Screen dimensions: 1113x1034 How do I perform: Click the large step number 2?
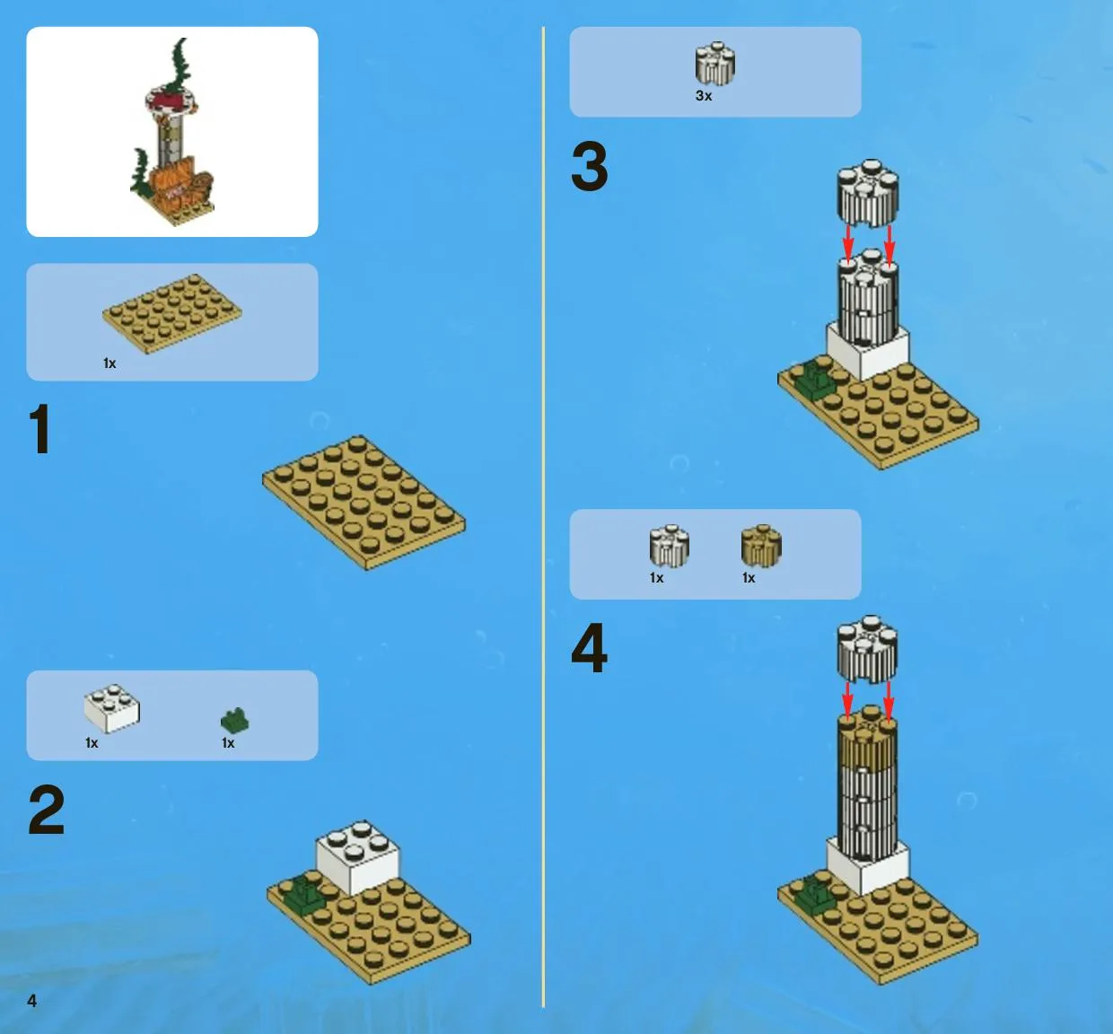[47, 810]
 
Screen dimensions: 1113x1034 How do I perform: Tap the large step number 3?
[590, 166]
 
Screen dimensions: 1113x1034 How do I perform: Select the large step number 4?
[590, 648]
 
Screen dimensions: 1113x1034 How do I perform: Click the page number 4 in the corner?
[32, 1001]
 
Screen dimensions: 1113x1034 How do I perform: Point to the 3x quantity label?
[704, 96]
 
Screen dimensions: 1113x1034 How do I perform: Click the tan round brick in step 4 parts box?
[761, 546]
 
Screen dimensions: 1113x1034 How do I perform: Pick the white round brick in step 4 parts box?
[669, 546]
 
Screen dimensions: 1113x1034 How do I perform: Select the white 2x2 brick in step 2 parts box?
[112, 708]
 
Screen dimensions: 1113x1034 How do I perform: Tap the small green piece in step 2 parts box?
[235, 721]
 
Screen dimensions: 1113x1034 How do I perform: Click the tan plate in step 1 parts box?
[172, 314]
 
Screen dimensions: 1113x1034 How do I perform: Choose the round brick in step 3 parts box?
[715, 64]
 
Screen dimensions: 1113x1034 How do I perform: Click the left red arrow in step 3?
[848, 244]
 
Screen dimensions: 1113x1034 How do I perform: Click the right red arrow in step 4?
[889, 700]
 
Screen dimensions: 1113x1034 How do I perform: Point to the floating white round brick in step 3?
[868, 193]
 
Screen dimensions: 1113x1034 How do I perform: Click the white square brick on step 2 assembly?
[357, 857]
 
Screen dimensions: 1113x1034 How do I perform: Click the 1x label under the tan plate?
[110, 364]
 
